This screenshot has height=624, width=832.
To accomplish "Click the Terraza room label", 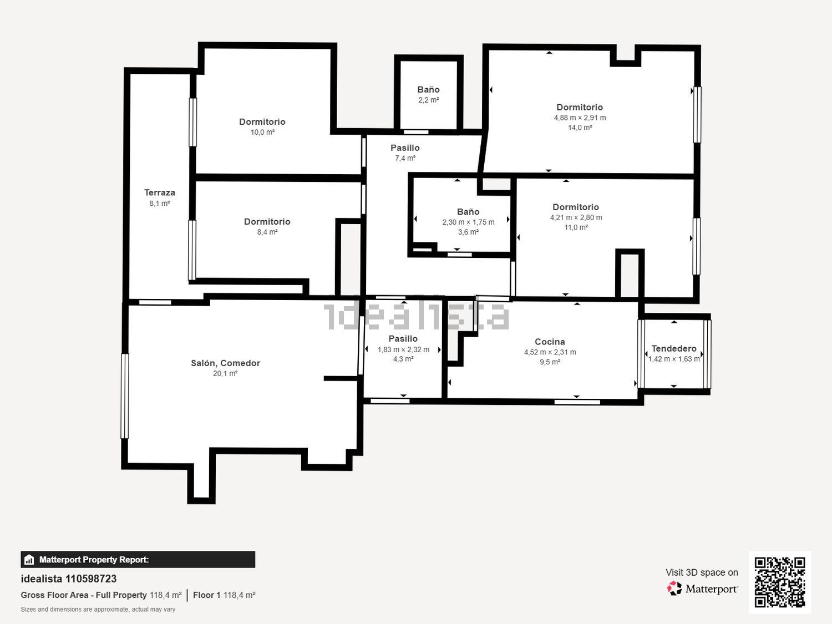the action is [160, 192].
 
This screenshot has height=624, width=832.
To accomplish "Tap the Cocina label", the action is [550, 342].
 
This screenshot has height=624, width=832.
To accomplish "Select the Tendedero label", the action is [674, 348].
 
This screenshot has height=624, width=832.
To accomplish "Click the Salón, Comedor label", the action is [226, 363].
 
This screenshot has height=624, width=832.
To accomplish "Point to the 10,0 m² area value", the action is [262, 132].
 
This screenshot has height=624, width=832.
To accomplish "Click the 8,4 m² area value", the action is [267, 232].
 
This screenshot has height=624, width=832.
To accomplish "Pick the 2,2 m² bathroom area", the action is [429, 100].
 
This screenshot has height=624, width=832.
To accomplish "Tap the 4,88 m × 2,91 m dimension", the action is [580, 118].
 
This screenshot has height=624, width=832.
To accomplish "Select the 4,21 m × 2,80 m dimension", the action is [576, 217].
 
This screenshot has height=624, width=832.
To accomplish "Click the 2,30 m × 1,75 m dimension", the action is [469, 222].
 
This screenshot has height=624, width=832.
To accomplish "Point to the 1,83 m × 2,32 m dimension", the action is [403, 349].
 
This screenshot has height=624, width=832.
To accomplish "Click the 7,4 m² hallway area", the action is [405, 158].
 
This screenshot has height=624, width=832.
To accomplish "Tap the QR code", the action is [780, 582].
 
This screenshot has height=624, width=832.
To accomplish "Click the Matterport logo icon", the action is [674, 589].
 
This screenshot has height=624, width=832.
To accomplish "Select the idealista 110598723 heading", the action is [69, 579].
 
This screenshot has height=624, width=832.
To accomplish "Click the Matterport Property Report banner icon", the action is [29, 560].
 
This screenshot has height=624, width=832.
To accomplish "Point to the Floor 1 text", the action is [206, 595].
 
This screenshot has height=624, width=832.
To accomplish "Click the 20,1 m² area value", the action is [225, 373].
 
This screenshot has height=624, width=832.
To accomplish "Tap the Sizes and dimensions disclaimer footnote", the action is [98, 610].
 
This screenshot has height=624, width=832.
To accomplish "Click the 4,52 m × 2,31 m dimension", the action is [550, 352].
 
